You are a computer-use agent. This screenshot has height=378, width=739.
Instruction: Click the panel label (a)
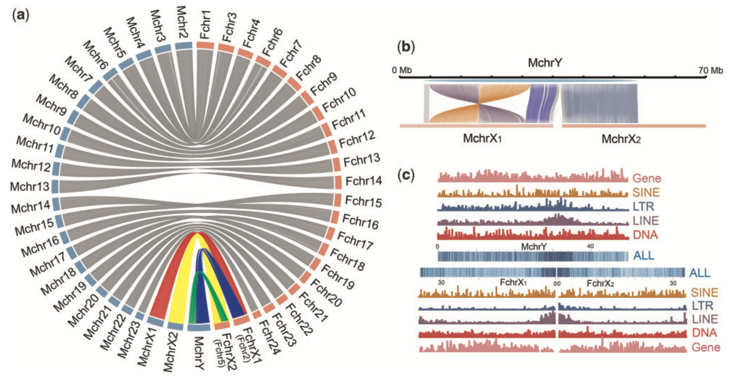(x=21, y=15)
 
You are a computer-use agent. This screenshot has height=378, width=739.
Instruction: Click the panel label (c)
(x=406, y=175)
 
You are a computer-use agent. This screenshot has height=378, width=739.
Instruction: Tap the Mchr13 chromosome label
(x=30, y=186)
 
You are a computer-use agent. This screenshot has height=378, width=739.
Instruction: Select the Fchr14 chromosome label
(x=364, y=181)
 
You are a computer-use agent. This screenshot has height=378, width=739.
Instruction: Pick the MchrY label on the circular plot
(x=200, y=353)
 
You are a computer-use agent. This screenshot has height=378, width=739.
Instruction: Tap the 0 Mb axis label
(x=402, y=70)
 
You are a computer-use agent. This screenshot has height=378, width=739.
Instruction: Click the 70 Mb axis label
(x=711, y=70)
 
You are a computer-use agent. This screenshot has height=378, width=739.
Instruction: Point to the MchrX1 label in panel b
(x=482, y=138)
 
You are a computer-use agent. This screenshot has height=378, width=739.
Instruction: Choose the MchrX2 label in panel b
(x=621, y=139)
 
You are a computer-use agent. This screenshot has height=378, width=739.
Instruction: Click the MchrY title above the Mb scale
(x=544, y=63)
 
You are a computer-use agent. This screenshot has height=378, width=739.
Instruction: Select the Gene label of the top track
(x=647, y=178)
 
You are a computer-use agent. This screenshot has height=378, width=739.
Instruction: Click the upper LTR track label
(x=643, y=206)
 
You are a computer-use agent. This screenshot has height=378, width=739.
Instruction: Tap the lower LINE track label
(x=705, y=319)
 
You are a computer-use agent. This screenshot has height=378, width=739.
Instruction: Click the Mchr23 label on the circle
(x=127, y=342)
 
